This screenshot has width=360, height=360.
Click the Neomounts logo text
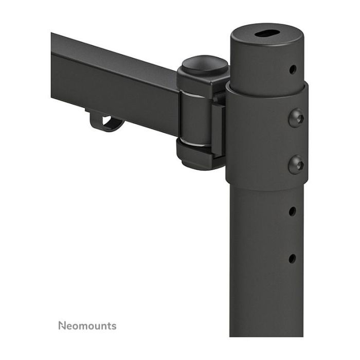tap(87, 326)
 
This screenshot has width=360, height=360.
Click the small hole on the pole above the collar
tap(292, 69)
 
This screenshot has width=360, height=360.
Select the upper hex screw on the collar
tap(296, 118)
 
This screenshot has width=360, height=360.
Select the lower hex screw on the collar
tap(296, 165)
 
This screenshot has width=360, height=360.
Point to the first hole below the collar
tap(292, 211)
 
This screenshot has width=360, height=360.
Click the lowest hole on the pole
tap(292, 258)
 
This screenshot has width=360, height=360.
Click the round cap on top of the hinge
tap(205, 65)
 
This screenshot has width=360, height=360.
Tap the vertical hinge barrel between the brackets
tap(196, 116)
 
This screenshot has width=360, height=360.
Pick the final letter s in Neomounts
tap(114, 326)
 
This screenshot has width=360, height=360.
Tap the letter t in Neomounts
tap(109, 326)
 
